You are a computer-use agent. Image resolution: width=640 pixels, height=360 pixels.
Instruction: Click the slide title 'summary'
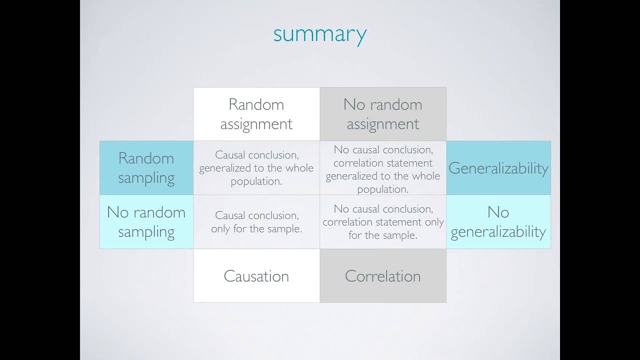[x=320, y=34]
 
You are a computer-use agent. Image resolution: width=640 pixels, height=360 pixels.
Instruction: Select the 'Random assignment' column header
[x=256, y=114]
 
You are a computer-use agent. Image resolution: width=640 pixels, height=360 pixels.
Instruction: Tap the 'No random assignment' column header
[x=383, y=114]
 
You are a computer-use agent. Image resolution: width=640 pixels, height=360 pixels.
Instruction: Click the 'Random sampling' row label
[x=146, y=168]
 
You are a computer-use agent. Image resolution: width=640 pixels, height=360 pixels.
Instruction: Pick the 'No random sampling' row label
[x=146, y=221]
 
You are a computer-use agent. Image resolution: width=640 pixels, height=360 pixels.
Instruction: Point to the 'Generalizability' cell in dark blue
[x=498, y=168]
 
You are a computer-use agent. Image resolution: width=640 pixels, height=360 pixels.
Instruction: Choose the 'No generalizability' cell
[x=498, y=221]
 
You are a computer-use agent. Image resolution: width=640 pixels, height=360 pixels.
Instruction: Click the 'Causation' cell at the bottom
[x=256, y=276]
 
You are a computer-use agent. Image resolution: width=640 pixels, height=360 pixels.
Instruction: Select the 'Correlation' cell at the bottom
[x=383, y=276]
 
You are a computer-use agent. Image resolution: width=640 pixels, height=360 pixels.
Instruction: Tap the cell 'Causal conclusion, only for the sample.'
[x=256, y=221]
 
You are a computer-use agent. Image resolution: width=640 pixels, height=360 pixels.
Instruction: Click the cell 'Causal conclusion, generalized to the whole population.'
[x=256, y=168]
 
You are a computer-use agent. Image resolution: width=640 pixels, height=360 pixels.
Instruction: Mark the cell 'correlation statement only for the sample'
[x=383, y=221]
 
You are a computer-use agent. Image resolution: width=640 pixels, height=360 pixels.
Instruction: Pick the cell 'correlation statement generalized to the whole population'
[x=383, y=169]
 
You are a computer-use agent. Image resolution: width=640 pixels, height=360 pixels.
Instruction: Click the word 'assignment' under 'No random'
[x=383, y=124]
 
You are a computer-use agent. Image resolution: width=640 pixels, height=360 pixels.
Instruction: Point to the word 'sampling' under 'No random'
[x=146, y=232]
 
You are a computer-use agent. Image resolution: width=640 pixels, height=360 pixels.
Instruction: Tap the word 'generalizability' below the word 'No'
[x=498, y=232]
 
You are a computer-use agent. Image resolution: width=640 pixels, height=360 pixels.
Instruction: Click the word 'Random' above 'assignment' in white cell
[x=256, y=104]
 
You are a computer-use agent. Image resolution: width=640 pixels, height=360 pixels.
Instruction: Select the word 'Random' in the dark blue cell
[x=146, y=158]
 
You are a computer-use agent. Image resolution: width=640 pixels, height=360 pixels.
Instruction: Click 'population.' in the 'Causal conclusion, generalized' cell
[x=256, y=181]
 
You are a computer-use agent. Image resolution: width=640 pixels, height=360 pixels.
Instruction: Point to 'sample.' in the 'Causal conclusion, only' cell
[x=284, y=229]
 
